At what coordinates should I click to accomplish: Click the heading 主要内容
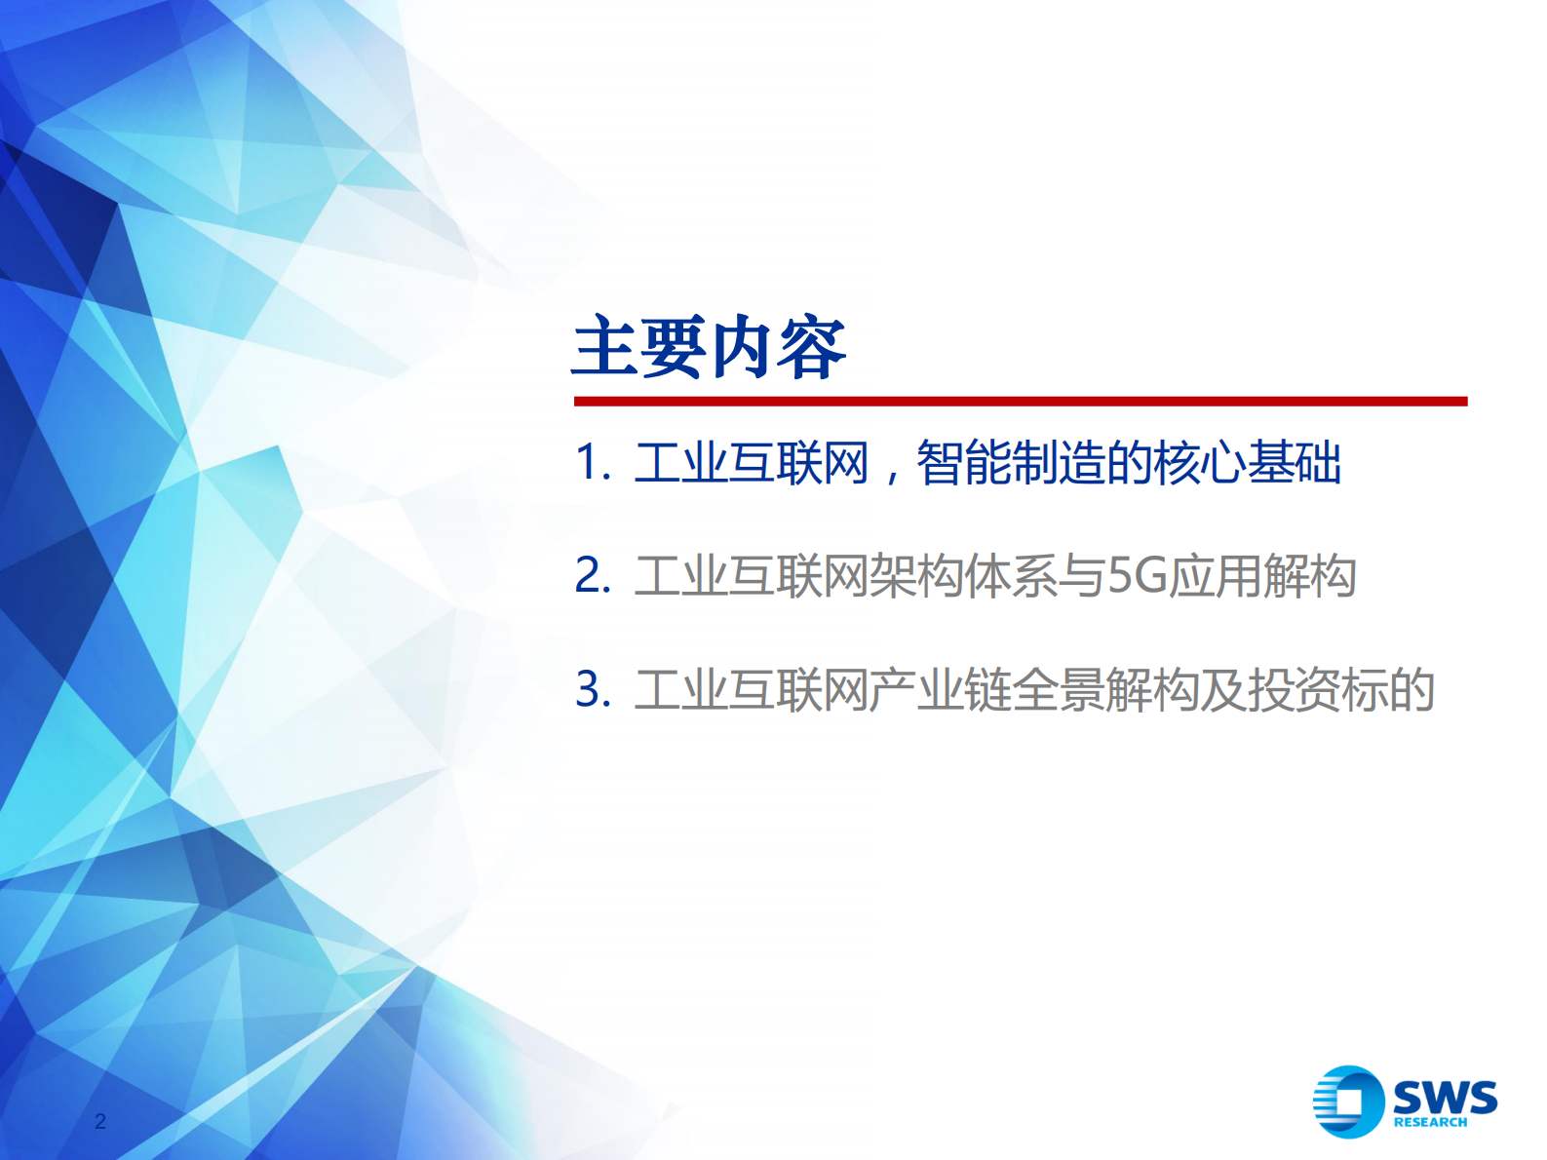pyautogui.click(x=709, y=348)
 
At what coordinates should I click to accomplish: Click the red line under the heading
pyautogui.click(x=1020, y=401)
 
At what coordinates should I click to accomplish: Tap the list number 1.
pyautogui.click(x=589, y=462)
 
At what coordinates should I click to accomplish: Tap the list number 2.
pyautogui.click(x=590, y=575)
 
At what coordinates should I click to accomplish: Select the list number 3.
pyautogui.click(x=590, y=689)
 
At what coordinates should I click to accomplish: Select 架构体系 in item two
pyautogui.click(x=963, y=575)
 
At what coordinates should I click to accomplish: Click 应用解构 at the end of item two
pyautogui.click(x=1262, y=575)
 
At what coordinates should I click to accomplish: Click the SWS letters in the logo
pyautogui.click(x=1445, y=1098)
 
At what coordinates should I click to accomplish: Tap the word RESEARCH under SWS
pyautogui.click(x=1430, y=1123)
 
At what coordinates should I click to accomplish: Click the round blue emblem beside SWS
pyautogui.click(x=1348, y=1102)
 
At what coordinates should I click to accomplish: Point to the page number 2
pyautogui.click(x=99, y=1121)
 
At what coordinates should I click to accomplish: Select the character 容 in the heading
pyautogui.click(x=812, y=348)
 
